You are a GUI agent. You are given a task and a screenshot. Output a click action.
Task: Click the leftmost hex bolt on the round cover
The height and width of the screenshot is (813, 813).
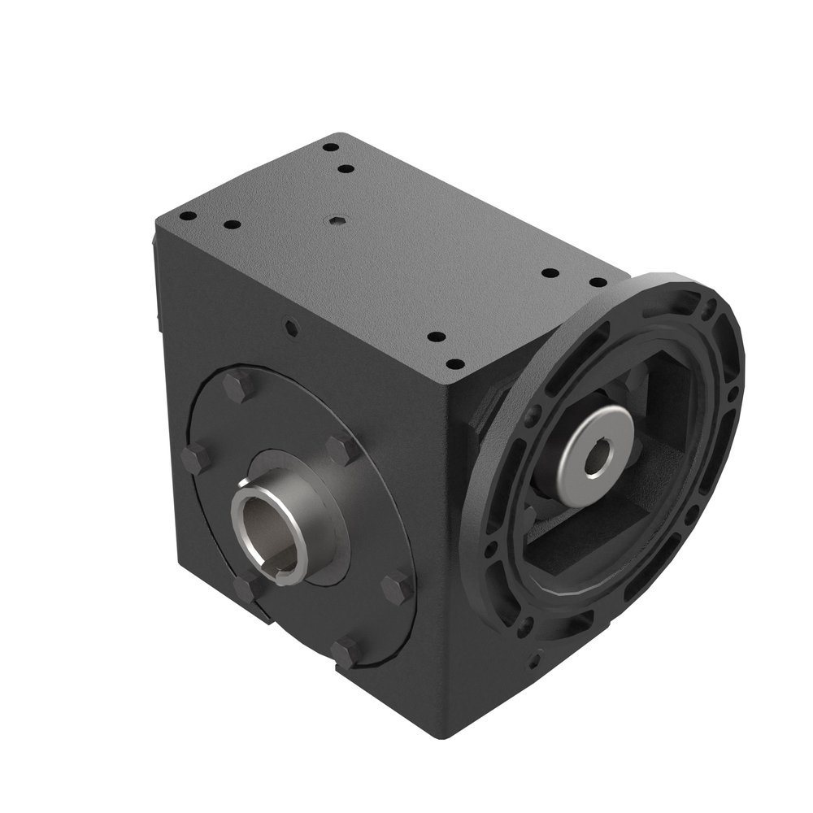tap(195, 459)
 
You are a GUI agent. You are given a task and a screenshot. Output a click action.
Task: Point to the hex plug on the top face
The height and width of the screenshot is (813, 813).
tap(336, 219)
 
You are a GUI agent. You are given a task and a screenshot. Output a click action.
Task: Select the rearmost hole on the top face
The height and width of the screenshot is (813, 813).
tap(330, 148)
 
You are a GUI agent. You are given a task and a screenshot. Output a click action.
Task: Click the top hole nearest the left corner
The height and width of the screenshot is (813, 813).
tap(186, 216)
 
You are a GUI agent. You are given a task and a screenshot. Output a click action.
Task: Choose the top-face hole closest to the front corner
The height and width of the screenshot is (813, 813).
tap(456, 363)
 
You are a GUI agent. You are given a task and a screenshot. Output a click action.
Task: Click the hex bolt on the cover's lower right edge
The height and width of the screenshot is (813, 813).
tap(398, 588)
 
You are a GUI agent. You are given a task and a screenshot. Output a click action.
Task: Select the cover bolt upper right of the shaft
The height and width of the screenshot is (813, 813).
tap(339, 450)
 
